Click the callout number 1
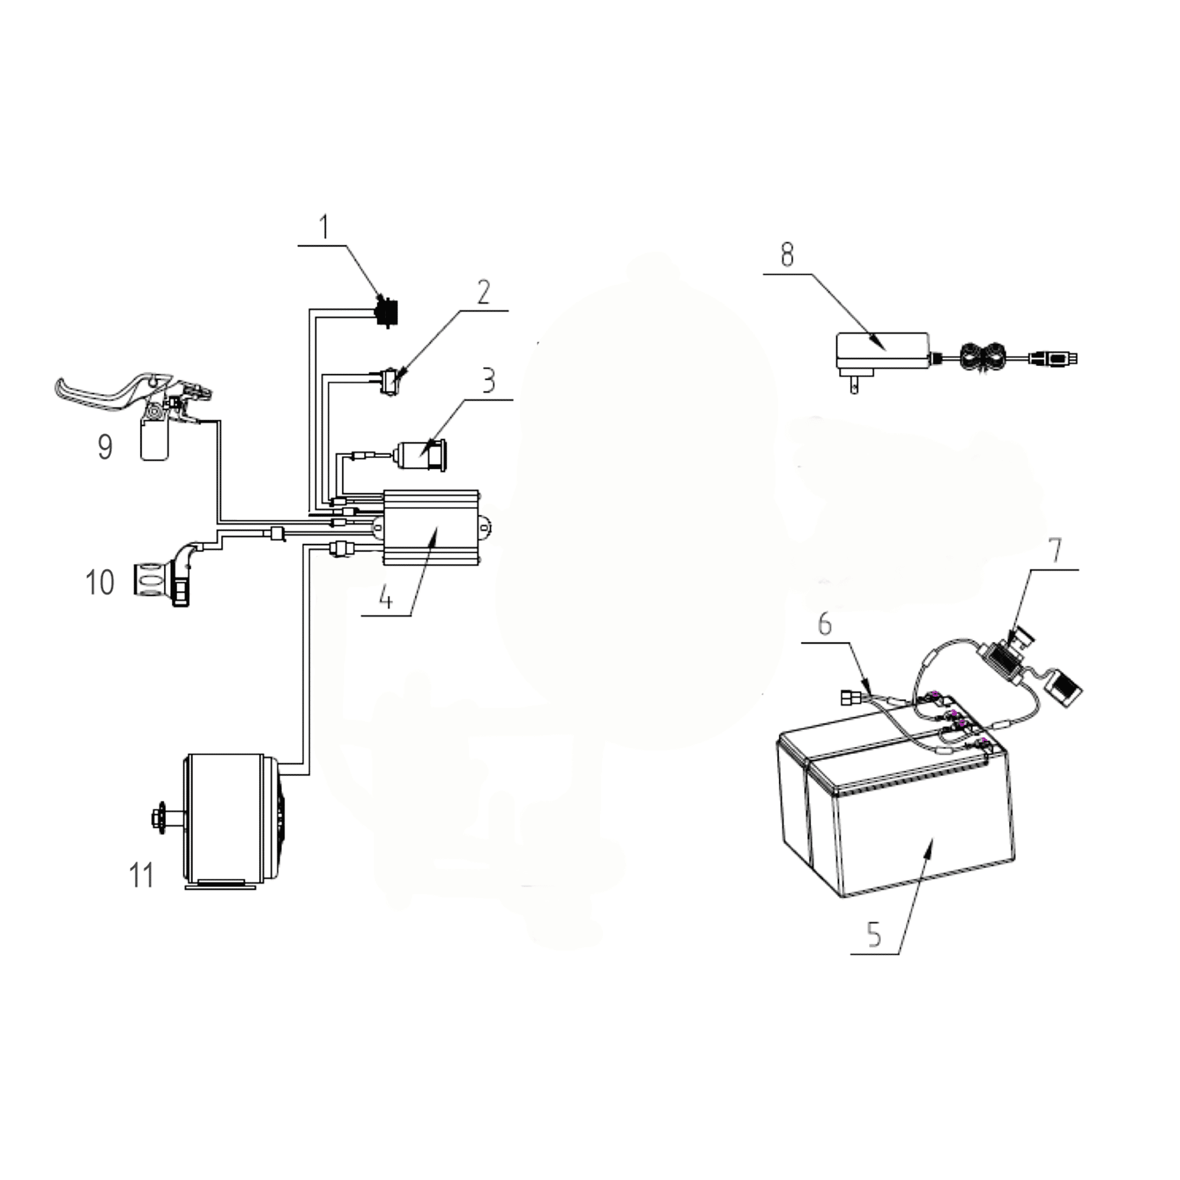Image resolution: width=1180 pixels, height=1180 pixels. (324, 227)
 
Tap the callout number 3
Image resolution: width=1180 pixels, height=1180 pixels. (488, 381)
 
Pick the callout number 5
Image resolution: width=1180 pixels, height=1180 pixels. (874, 934)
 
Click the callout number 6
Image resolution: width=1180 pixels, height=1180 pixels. (825, 624)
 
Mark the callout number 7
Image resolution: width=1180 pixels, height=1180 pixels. (1055, 550)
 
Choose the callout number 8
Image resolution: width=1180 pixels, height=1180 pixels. (787, 255)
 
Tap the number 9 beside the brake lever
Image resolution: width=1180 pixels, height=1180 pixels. (105, 447)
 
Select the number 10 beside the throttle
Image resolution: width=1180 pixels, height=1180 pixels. (100, 582)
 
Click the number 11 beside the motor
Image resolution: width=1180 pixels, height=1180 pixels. (141, 875)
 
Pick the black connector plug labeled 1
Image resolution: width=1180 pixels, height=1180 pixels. (385, 312)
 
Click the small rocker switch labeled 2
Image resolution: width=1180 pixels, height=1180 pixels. (389, 382)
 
